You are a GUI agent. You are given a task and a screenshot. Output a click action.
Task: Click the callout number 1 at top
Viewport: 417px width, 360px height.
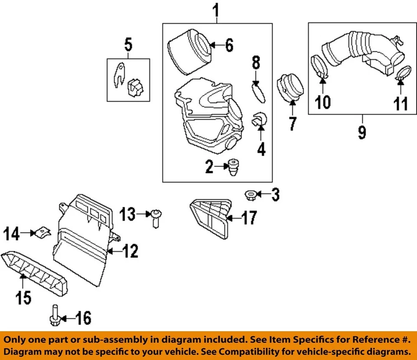[x=216, y=10]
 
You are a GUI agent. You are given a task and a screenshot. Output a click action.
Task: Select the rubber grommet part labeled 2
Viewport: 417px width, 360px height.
[x=234, y=167]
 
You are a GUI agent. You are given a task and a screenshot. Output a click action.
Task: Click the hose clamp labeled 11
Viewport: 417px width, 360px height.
[x=404, y=73]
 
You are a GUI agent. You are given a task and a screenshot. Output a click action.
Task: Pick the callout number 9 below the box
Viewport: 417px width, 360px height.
[x=361, y=132]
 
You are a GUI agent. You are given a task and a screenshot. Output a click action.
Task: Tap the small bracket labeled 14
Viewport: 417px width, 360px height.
[x=42, y=232]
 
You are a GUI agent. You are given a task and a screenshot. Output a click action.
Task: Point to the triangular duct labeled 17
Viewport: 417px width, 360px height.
[x=211, y=217]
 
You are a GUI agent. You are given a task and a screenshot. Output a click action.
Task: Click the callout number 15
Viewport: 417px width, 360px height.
[x=23, y=297]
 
